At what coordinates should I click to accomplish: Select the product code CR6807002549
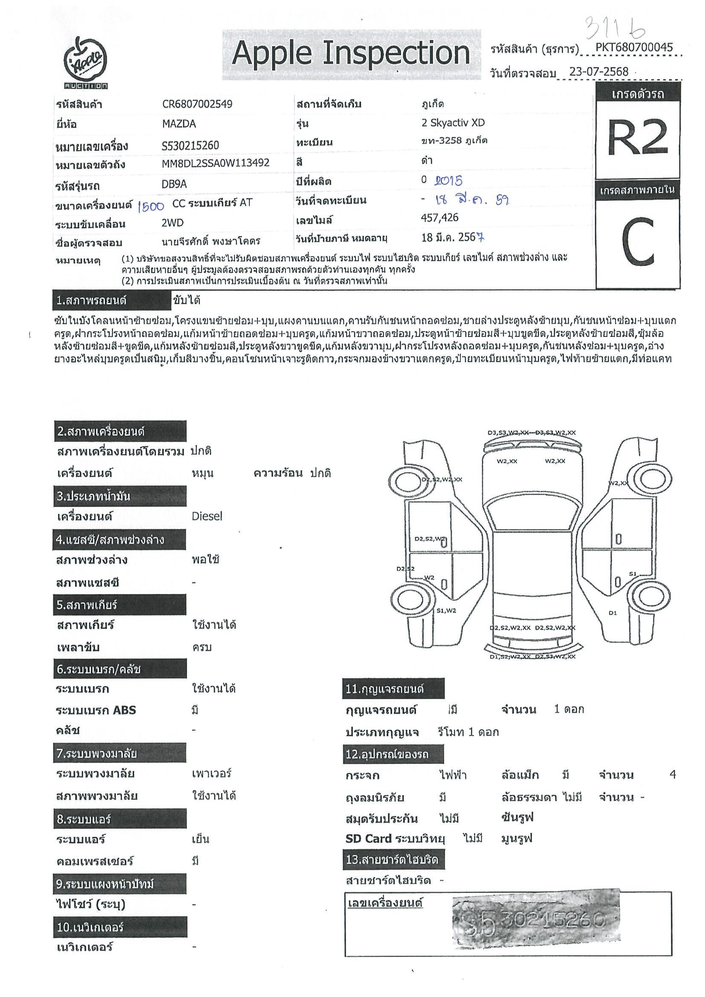(x=197, y=104)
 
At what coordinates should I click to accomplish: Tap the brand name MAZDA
(x=179, y=124)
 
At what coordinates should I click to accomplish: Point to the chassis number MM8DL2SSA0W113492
(x=215, y=163)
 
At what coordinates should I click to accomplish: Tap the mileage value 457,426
(x=439, y=218)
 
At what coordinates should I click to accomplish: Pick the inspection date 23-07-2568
(x=598, y=72)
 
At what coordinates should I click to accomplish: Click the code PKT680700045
(x=634, y=47)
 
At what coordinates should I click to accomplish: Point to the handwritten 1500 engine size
(x=150, y=206)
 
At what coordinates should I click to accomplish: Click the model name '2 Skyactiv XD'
(x=453, y=123)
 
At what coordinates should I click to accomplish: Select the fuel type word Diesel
(x=207, y=516)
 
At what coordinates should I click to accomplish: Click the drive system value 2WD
(x=173, y=223)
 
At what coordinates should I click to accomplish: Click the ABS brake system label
(x=96, y=710)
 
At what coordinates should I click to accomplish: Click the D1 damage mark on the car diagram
(x=613, y=613)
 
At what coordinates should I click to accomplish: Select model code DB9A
(x=174, y=184)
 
